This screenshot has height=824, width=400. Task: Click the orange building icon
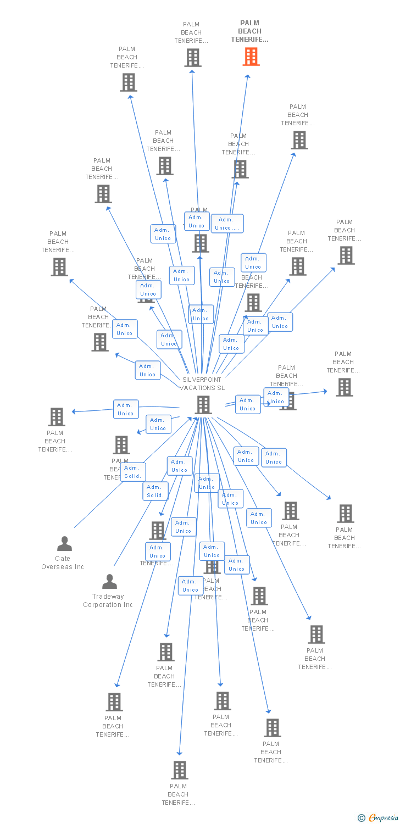[x=251, y=57]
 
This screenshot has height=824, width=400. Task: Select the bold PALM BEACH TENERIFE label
[x=249, y=31]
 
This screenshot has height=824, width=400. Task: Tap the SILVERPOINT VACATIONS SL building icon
[x=203, y=405]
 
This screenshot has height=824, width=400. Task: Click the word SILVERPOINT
[x=202, y=380]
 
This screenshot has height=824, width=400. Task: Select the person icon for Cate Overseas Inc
[x=64, y=544]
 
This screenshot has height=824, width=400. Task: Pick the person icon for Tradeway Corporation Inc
[x=110, y=581]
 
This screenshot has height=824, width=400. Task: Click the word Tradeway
[x=108, y=597]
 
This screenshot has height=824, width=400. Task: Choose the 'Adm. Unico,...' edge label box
[x=227, y=224]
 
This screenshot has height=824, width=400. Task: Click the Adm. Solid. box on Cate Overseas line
[x=132, y=472]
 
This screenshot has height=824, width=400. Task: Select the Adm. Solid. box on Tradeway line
[x=155, y=491]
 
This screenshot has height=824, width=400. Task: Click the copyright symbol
[x=362, y=818]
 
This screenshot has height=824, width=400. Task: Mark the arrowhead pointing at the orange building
[x=248, y=77]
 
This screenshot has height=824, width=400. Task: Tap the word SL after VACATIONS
[x=221, y=388]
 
